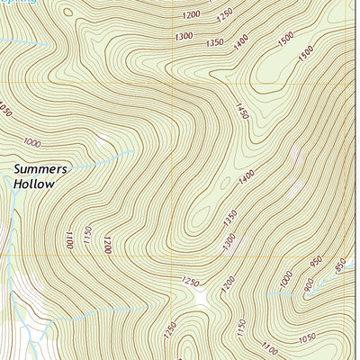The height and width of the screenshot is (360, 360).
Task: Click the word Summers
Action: [40, 168]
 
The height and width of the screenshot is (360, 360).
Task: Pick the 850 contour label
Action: [340, 265]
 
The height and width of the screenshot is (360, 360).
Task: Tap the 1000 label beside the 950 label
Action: [286, 280]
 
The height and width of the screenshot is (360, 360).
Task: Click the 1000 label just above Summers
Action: [32, 142]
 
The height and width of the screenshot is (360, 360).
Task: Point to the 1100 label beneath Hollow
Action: [67, 239]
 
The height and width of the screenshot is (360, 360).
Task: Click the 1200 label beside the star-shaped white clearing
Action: [226, 286]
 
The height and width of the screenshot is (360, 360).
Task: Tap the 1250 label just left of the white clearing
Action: [190, 282]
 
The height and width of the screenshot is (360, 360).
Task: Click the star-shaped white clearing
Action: [199, 296]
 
